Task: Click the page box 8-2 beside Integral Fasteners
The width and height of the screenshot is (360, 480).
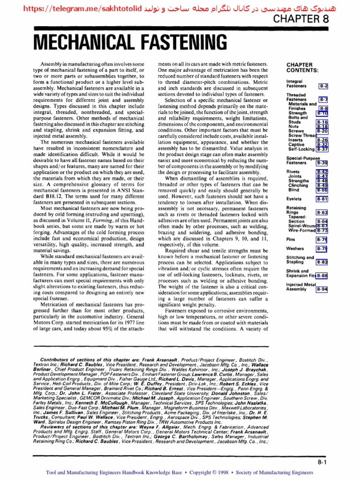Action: (x=323, y=86)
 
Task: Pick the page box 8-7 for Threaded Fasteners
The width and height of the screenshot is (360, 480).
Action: (x=323, y=100)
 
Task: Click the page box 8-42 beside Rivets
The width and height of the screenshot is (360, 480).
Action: (x=322, y=172)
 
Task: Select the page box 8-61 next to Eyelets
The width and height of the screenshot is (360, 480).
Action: (x=322, y=199)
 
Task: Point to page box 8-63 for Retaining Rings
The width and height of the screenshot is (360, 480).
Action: (x=322, y=212)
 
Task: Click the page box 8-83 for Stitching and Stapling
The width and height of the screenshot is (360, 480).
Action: (x=322, y=262)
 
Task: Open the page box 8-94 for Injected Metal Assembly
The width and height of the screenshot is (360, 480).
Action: (x=322, y=289)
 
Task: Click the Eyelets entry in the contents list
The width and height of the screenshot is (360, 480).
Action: (x=293, y=199)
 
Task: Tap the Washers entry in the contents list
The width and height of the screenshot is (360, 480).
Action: (x=295, y=248)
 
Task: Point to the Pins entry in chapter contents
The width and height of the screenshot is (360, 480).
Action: (x=291, y=239)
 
